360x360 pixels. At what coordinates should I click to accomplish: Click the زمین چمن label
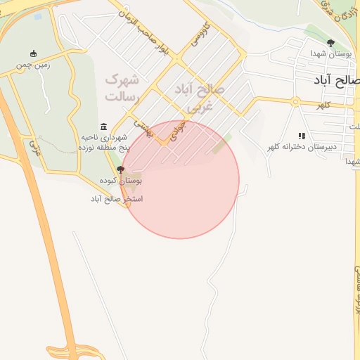tap(34, 65)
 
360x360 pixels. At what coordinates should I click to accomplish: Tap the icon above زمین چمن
tap(34, 53)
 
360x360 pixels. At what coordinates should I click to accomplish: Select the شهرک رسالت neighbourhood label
tap(124, 86)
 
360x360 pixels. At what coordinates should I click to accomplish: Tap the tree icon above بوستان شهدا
tap(330, 43)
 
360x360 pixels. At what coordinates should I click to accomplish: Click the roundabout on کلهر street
tap(296, 102)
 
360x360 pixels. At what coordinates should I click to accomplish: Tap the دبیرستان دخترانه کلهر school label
tap(301, 147)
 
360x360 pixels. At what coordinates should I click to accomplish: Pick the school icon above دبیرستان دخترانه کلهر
tap(302, 136)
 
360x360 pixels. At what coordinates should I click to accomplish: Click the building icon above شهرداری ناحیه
tap(104, 127)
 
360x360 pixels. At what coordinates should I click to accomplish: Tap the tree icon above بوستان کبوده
tap(120, 169)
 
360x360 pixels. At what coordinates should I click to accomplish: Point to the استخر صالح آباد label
tap(116, 199)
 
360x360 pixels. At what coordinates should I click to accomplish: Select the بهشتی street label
tap(144, 127)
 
